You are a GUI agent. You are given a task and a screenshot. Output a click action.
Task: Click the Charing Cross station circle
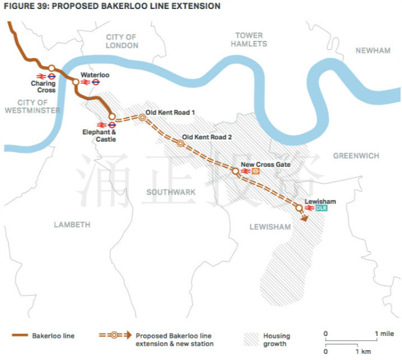[x=52, y=68]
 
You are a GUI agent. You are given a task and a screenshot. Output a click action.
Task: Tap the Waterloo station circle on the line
[x=76, y=82]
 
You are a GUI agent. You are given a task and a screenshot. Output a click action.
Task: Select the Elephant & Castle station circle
[x=112, y=116]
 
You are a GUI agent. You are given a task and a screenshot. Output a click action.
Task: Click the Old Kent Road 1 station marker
[x=142, y=118]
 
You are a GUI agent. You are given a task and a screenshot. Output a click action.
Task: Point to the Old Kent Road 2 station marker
[x=180, y=143]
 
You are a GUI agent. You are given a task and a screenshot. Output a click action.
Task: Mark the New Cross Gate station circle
[x=235, y=171]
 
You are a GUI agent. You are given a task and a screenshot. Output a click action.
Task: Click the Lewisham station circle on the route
[x=299, y=208]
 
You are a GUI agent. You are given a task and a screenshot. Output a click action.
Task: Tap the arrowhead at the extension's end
[x=304, y=218]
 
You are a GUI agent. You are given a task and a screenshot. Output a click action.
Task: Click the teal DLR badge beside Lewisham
[x=321, y=208]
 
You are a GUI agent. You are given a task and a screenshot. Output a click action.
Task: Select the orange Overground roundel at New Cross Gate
[x=256, y=171]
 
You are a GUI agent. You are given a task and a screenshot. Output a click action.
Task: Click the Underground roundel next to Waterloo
[x=95, y=82]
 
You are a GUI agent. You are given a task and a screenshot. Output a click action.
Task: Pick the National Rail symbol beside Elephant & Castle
[x=101, y=125]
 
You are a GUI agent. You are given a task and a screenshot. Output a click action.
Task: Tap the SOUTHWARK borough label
[x=171, y=192]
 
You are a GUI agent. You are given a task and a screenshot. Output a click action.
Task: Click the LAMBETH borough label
[x=72, y=224]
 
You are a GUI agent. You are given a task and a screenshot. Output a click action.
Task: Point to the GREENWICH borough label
[x=356, y=155]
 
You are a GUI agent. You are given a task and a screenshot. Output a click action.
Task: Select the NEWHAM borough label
[x=373, y=50]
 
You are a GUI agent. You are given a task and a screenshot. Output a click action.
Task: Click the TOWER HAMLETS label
[x=249, y=40]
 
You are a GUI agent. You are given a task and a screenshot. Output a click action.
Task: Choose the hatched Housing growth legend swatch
[x=251, y=340]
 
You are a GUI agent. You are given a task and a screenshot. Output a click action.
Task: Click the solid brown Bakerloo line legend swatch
[x=20, y=335]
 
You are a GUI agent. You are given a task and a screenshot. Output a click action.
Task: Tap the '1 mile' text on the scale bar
[x=385, y=334]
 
